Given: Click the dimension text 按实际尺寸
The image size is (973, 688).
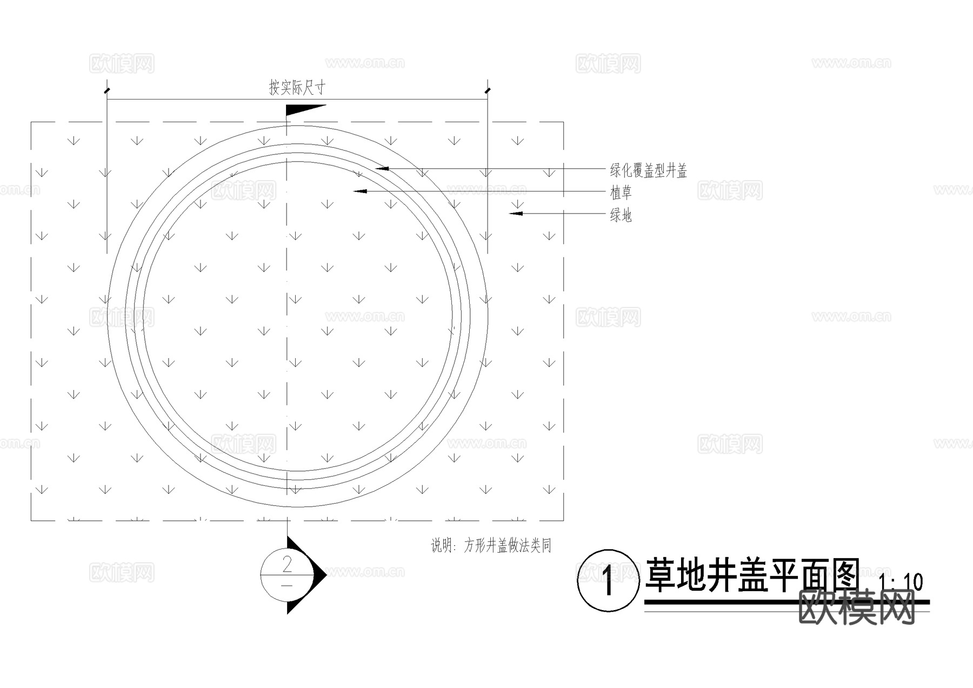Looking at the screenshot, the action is [x=297, y=88].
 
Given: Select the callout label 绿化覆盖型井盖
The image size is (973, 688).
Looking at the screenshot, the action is [x=648, y=171].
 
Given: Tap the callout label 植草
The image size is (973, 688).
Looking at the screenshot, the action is [x=621, y=193].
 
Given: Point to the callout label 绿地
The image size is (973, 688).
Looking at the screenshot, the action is [x=621, y=215].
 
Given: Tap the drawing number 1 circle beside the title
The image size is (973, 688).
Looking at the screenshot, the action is [x=608, y=580].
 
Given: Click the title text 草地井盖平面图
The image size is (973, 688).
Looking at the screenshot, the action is [x=751, y=575].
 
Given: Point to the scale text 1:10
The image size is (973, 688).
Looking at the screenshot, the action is [x=901, y=583].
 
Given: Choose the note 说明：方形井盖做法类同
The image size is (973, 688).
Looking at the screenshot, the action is [x=491, y=545].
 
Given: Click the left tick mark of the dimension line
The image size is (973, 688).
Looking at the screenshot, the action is [x=107, y=90].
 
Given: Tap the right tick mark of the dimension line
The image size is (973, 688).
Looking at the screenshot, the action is [x=488, y=90].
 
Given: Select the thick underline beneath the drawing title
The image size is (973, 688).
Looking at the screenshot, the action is [x=787, y=601].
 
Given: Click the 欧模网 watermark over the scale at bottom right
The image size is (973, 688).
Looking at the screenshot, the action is [x=856, y=606].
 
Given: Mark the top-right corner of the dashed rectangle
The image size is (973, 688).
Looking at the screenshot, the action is [x=563, y=122].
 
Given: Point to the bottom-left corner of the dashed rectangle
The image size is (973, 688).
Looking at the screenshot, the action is [x=31, y=520].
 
